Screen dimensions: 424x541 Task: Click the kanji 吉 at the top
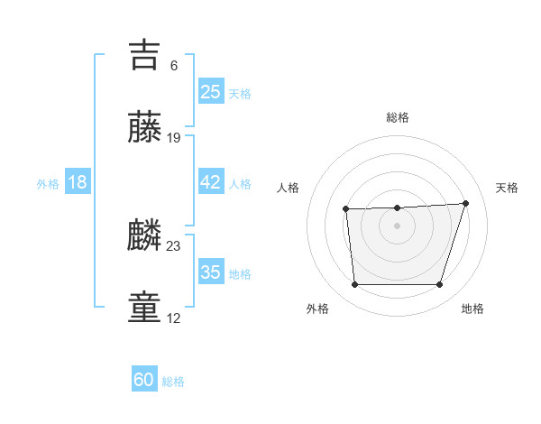(x=145, y=54)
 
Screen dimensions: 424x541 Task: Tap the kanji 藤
(x=145, y=128)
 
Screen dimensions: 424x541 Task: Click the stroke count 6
(x=174, y=65)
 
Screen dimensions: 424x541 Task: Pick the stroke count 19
(x=174, y=138)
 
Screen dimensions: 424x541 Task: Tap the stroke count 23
(x=174, y=245)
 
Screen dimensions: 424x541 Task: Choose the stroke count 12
(x=174, y=318)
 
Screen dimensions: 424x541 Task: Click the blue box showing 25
(x=211, y=91)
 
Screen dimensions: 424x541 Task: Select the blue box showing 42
(x=211, y=182)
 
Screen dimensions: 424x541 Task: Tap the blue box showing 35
(x=211, y=272)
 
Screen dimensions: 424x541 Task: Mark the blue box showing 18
(x=78, y=182)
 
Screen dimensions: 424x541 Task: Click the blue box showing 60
(x=144, y=380)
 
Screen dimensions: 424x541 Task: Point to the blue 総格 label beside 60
(x=173, y=382)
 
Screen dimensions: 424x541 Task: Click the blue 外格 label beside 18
(x=48, y=184)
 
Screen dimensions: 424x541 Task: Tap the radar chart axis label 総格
(x=397, y=117)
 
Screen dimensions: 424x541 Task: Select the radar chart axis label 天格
(x=507, y=188)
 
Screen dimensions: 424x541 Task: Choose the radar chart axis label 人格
(x=289, y=188)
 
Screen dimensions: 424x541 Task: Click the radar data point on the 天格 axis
(x=465, y=203)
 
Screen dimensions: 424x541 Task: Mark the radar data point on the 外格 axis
(x=354, y=285)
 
